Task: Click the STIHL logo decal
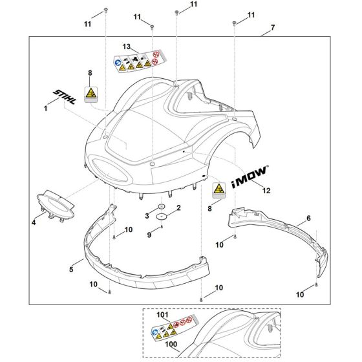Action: pos(65,96)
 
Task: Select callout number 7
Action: pos(273,28)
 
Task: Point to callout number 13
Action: pos(126,47)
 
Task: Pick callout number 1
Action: pos(46,109)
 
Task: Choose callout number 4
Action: pos(34,223)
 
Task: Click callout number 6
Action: pos(308,219)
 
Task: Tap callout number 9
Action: pos(149,235)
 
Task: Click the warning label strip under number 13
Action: pos(138,61)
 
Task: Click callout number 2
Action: pos(178,208)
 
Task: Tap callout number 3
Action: pos(147,215)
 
